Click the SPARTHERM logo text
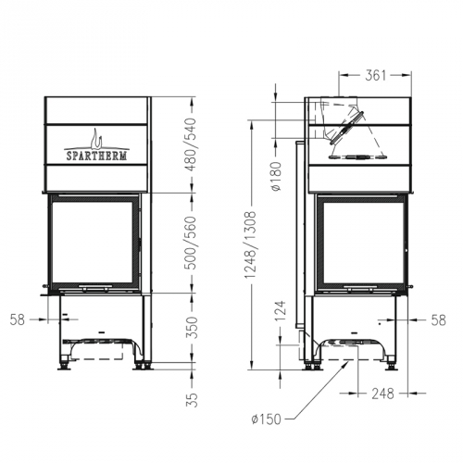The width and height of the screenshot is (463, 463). (96, 156)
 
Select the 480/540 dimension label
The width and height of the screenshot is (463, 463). (192, 144)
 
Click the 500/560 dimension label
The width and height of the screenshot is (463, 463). (192, 243)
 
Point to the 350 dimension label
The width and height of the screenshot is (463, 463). (192, 328)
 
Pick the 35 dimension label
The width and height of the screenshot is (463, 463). (192, 400)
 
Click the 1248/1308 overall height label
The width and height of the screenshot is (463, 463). (251, 244)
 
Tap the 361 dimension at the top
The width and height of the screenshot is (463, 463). (376, 75)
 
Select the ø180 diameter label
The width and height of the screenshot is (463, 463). (276, 176)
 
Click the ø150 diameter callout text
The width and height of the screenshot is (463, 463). (267, 419)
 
